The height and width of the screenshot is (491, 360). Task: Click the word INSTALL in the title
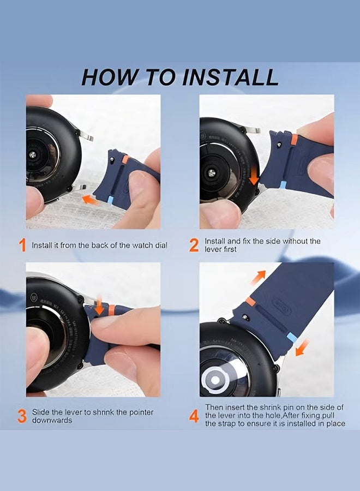pyautogui.click(x=230, y=77)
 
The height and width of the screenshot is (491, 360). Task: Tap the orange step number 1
pyautogui.click(x=22, y=245)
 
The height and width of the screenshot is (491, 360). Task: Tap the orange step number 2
pyautogui.click(x=194, y=245)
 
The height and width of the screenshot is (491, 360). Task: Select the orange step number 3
pyautogui.click(x=22, y=416)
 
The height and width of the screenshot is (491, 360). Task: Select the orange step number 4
pyautogui.click(x=194, y=416)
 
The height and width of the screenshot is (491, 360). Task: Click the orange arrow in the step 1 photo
pyautogui.click(x=89, y=200)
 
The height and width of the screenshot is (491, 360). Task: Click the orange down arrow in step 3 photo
pyautogui.click(x=99, y=306)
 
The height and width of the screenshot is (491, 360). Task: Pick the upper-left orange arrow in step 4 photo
pyautogui.click(x=259, y=277)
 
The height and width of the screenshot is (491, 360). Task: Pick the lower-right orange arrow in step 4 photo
pyautogui.click(x=302, y=348)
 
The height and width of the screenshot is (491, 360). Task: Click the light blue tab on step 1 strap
pyautogui.click(x=111, y=200)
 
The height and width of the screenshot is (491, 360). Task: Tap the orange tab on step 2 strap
pyautogui.click(x=294, y=139)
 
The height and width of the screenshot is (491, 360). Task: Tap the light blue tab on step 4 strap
pyautogui.click(x=292, y=338)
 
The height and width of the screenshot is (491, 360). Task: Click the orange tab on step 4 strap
pyautogui.click(x=250, y=302)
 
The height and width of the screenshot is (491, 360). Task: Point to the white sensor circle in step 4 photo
pyautogui.click(x=215, y=380)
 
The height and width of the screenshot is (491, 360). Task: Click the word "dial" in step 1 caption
pyautogui.click(x=161, y=245)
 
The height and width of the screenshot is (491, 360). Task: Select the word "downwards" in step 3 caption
pyautogui.click(x=52, y=420)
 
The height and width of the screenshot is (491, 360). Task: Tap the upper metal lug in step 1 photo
pyautogui.click(x=85, y=136)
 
